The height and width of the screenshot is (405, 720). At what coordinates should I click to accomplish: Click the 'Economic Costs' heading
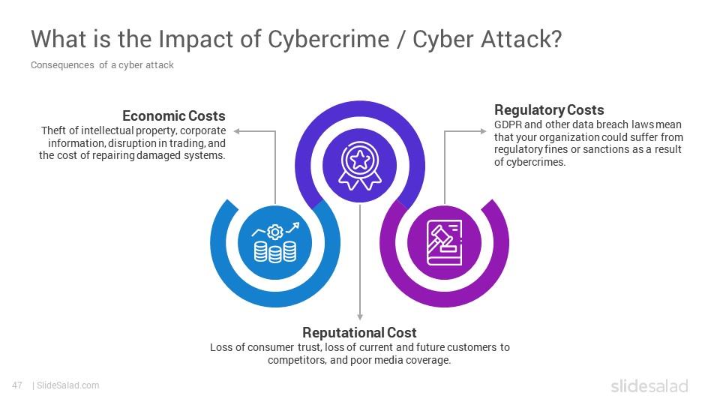click(x=173, y=115)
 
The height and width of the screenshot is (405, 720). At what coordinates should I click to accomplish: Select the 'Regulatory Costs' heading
click(x=549, y=110)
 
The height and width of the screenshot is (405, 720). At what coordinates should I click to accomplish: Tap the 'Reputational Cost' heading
click(x=359, y=332)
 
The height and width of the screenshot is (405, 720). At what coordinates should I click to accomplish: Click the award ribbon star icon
click(x=360, y=165)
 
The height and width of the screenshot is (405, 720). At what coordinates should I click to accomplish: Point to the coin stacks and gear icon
click(x=275, y=242)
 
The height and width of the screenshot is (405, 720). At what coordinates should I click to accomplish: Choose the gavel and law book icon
click(x=444, y=242)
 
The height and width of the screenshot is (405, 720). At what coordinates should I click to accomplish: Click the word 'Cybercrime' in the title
click(x=328, y=40)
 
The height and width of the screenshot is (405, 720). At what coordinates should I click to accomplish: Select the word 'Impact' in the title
click(x=196, y=40)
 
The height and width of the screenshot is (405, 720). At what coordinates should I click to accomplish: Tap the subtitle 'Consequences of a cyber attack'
click(x=102, y=65)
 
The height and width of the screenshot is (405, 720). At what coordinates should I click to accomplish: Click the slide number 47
click(x=17, y=385)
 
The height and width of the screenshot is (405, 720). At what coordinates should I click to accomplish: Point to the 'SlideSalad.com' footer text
click(x=68, y=385)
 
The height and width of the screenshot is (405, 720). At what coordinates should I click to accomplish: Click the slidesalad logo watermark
click(x=649, y=385)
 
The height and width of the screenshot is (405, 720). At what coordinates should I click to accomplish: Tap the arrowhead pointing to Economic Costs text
click(x=236, y=131)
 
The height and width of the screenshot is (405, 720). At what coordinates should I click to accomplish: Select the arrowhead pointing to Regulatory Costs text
click(x=483, y=131)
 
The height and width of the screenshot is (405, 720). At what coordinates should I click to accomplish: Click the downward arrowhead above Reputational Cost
click(x=360, y=316)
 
